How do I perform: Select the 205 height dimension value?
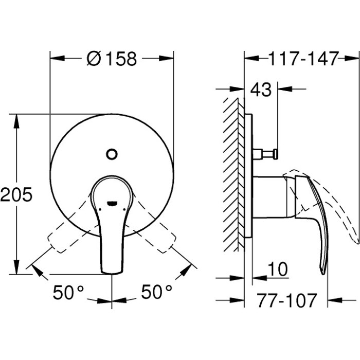click(16, 194)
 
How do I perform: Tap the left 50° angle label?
click(69, 293)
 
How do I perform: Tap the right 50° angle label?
click(157, 293)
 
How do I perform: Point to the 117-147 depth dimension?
click(303, 59)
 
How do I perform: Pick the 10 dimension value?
click(278, 269)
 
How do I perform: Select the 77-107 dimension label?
click(286, 300)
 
